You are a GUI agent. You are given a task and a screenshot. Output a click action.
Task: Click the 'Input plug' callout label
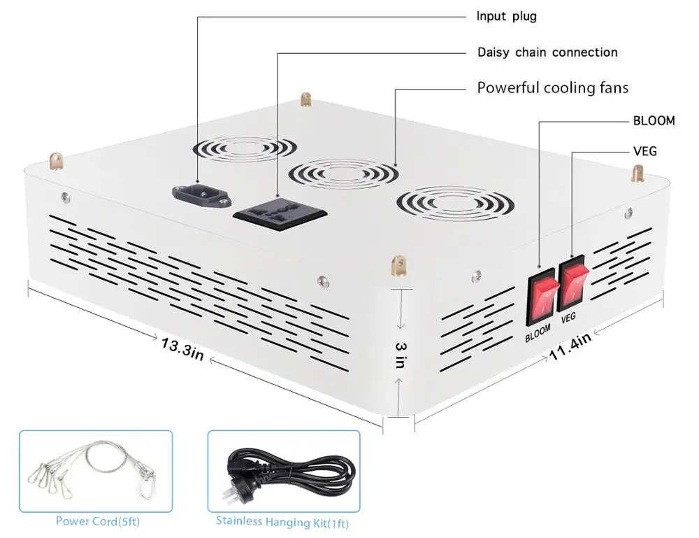pos(506,16)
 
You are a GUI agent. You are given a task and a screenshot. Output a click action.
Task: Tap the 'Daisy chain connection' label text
pos(547,52)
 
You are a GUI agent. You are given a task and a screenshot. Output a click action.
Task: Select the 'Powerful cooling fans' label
pos(552,87)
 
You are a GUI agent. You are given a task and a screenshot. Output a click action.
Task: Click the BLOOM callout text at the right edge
pos(654,120)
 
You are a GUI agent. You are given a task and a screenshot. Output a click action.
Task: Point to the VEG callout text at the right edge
pos(644,150)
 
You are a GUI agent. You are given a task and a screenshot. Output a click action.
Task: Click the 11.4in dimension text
pos(570,347)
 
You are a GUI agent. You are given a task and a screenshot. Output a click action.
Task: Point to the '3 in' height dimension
pos(400,355)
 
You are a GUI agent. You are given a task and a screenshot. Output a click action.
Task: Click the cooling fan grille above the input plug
pos(245,148)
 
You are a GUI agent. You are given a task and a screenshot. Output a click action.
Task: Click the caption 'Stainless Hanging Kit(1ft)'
pos(282,521)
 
